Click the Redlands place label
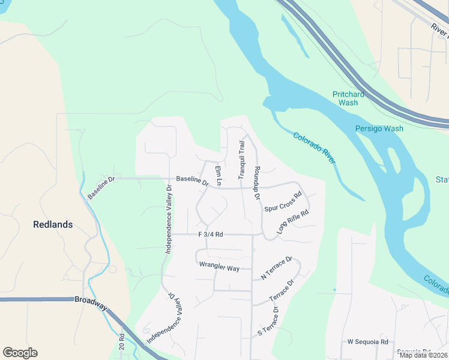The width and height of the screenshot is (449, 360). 53,224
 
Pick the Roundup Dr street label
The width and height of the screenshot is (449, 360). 257,183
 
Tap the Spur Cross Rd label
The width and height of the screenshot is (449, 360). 282,202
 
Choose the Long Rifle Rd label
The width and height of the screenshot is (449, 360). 292,221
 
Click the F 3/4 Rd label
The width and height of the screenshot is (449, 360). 210,235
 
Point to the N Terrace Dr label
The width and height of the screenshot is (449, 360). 276,268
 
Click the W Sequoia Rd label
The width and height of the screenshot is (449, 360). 368,341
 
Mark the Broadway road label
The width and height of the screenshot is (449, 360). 91,302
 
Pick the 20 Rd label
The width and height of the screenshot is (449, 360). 122,344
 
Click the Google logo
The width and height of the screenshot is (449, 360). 20,353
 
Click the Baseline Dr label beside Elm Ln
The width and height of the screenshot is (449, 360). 191,180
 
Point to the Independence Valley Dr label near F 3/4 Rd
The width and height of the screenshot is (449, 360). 169,219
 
